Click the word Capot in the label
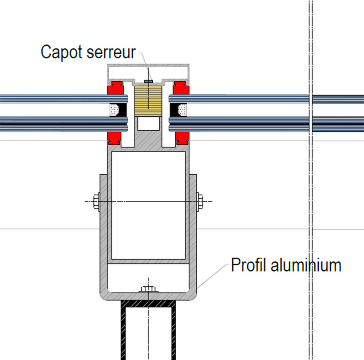(x=60, y=52)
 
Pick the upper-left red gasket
(x=116, y=88)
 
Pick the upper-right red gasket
(x=181, y=88)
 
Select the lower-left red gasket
(x=116, y=138)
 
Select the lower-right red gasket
(x=181, y=138)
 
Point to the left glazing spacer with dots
(x=116, y=109)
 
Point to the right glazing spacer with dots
(x=181, y=109)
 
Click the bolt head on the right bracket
(x=200, y=201)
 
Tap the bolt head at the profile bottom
(x=147, y=290)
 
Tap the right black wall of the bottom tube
(x=174, y=333)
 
